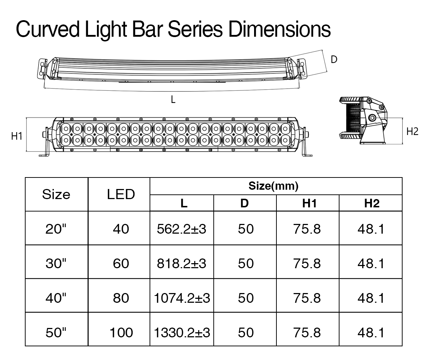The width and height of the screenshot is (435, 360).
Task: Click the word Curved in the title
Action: (x=48, y=29)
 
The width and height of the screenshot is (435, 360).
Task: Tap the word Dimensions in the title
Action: (x=279, y=29)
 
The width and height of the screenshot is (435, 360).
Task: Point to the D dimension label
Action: (x=334, y=59)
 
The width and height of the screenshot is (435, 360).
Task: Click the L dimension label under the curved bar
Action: (x=173, y=100)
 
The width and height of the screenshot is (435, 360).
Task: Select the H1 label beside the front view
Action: (x=17, y=136)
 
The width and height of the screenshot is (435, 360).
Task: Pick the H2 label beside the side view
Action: (x=412, y=131)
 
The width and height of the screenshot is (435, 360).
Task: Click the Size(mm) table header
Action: (x=273, y=186)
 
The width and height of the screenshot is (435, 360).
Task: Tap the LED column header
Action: (x=121, y=194)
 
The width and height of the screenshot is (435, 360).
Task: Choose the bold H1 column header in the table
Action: (x=309, y=203)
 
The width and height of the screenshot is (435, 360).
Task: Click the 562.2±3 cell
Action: (x=181, y=229)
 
